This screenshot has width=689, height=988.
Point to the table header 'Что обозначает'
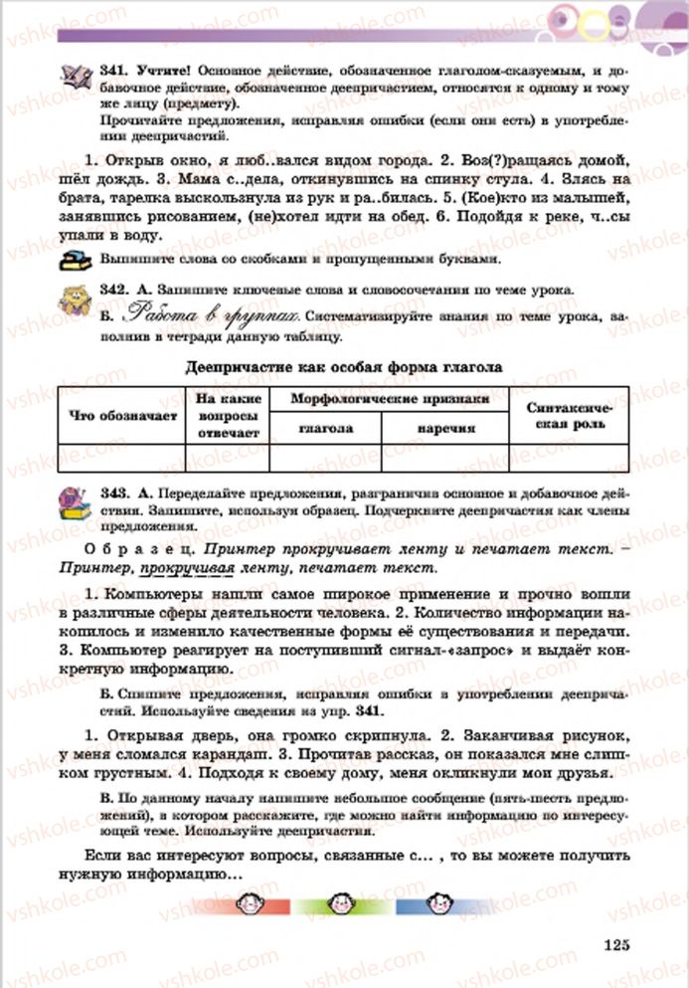coord(122,416)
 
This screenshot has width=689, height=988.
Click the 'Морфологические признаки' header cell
coord(389,398)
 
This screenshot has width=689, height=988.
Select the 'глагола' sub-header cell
coord(325,429)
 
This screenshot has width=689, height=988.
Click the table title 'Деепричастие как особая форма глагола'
coord(344,366)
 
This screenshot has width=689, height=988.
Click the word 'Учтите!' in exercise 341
coord(160,73)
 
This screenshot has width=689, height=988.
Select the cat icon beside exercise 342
coord(74,298)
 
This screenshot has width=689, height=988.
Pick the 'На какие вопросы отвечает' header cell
coord(228,416)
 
